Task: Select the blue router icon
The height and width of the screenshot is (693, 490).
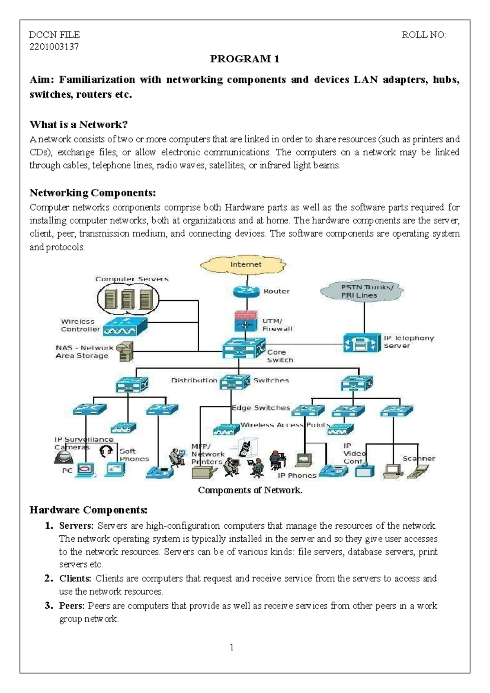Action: (246, 291)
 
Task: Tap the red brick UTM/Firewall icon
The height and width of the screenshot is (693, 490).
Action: (246, 321)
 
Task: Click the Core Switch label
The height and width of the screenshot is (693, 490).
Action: (280, 356)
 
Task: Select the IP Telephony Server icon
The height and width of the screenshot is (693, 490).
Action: (361, 342)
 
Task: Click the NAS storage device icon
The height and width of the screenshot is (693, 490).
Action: (125, 351)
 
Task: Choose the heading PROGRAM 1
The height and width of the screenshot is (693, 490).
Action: (245, 59)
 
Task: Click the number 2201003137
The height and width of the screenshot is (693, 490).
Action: (54, 47)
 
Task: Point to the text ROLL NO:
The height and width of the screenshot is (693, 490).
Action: (424, 35)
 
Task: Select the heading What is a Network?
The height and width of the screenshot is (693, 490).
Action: (79, 124)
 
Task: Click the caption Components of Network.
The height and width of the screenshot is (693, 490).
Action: (250, 490)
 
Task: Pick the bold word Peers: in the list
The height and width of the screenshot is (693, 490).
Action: (72, 606)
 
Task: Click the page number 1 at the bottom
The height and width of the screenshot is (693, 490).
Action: (232, 647)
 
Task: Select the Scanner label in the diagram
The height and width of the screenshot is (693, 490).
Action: (419, 458)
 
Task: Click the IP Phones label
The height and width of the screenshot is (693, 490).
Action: (297, 476)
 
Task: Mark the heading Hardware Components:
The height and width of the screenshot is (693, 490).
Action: (88, 510)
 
